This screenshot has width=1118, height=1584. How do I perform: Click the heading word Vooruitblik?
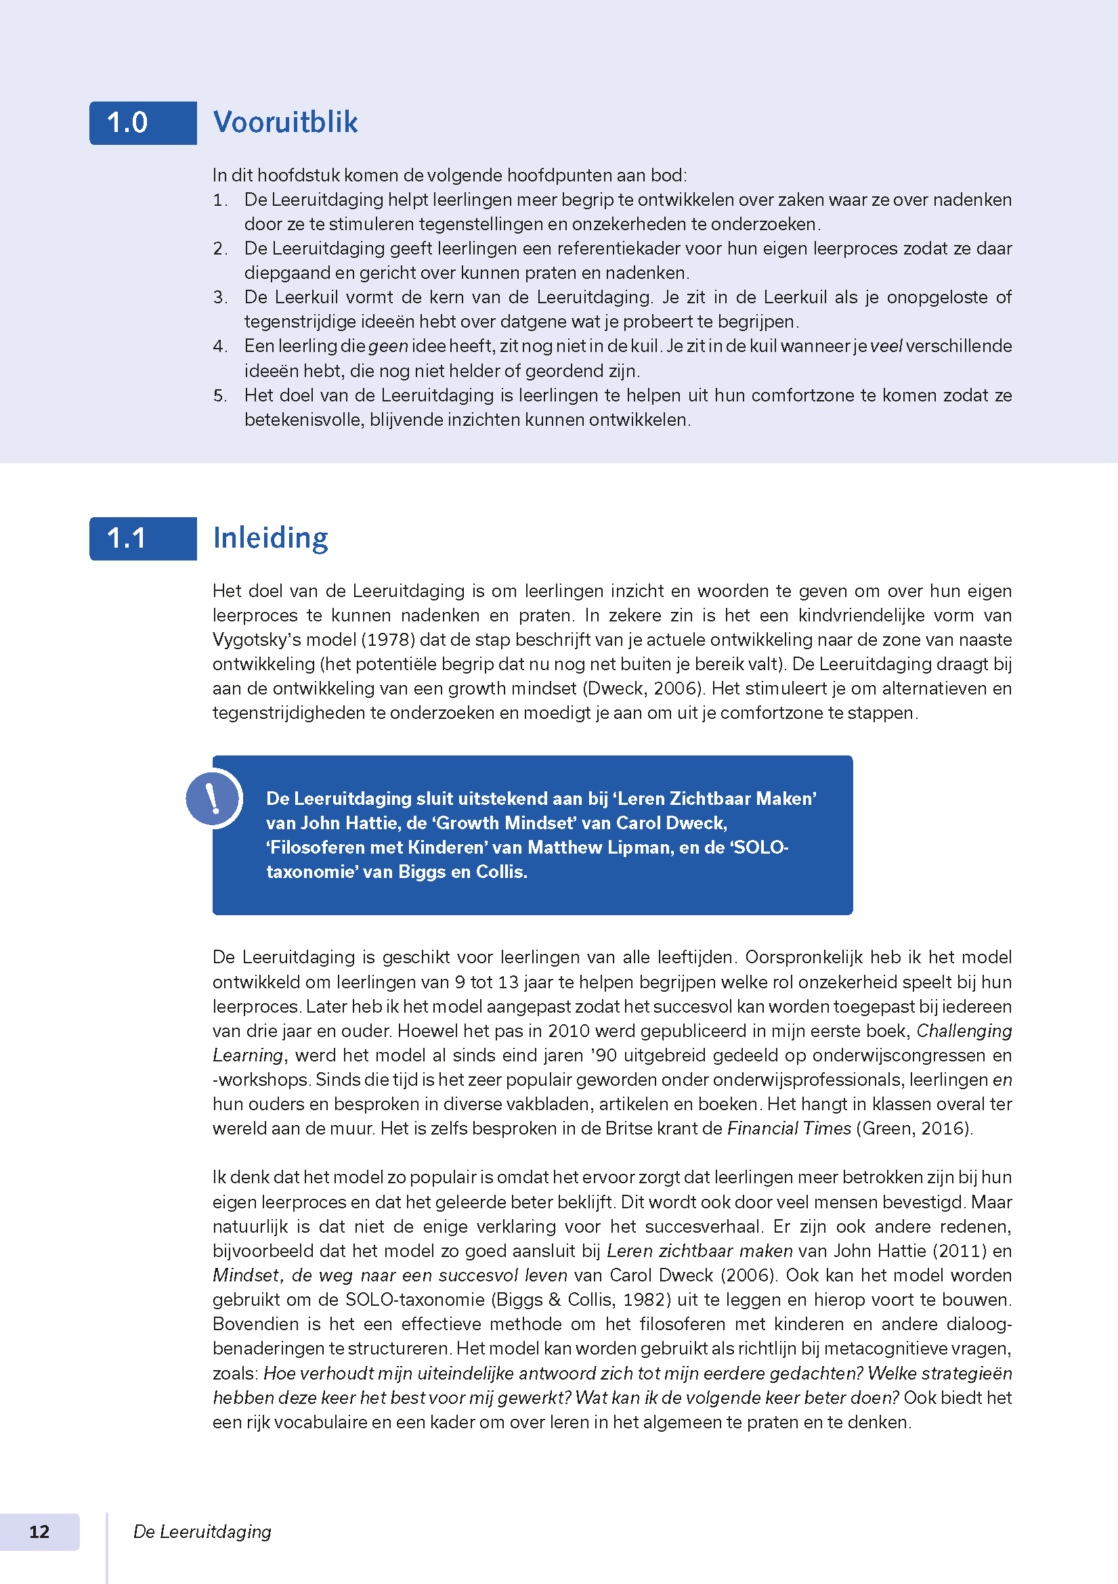(x=285, y=122)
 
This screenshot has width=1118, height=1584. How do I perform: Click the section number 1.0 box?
(x=142, y=123)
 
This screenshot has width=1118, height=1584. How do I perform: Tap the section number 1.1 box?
(x=142, y=539)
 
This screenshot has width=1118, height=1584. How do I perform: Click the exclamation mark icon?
(x=213, y=798)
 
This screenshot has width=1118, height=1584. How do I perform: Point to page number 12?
(x=39, y=1532)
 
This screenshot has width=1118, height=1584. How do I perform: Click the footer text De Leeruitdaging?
(x=202, y=1532)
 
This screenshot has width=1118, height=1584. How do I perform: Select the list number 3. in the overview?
(x=220, y=297)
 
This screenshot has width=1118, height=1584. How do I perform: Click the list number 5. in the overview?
(x=220, y=395)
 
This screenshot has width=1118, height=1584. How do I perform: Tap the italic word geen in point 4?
(x=388, y=347)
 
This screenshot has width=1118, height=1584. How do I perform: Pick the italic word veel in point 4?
(x=886, y=347)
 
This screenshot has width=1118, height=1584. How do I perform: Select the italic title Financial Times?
(x=789, y=1128)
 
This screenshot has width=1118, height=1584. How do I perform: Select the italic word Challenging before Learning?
(x=964, y=1031)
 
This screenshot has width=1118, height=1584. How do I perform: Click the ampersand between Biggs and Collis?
(x=555, y=1300)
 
